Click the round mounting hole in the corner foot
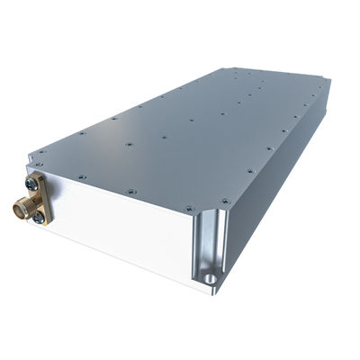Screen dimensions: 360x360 (x=211, y=279)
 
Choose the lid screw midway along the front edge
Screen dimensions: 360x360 (x=132, y=190)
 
